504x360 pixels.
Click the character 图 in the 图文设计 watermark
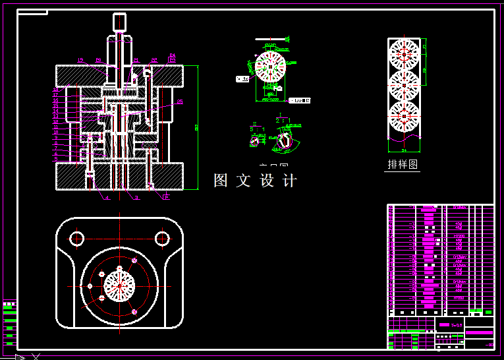click(x=221, y=181)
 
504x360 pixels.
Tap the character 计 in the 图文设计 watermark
click(x=289, y=181)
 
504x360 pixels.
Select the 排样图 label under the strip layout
click(x=403, y=164)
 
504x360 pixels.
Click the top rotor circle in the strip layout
click(x=404, y=54)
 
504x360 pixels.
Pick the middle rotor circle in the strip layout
click(x=404, y=85)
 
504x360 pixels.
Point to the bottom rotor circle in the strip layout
click(x=404, y=117)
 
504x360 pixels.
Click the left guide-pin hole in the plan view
click(x=77, y=238)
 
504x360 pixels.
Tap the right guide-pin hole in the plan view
click(x=161, y=238)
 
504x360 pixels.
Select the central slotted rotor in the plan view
click(x=119, y=285)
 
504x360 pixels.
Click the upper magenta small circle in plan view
click(x=134, y=261)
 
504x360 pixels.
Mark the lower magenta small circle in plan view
click(x=134, y=311)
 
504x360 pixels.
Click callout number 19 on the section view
click(x=80, y=60)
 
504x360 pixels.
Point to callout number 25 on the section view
click(x=180, y=102)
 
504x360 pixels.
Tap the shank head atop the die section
click(x=119, y=22)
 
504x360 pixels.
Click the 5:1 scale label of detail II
click(x=258, y=130)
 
